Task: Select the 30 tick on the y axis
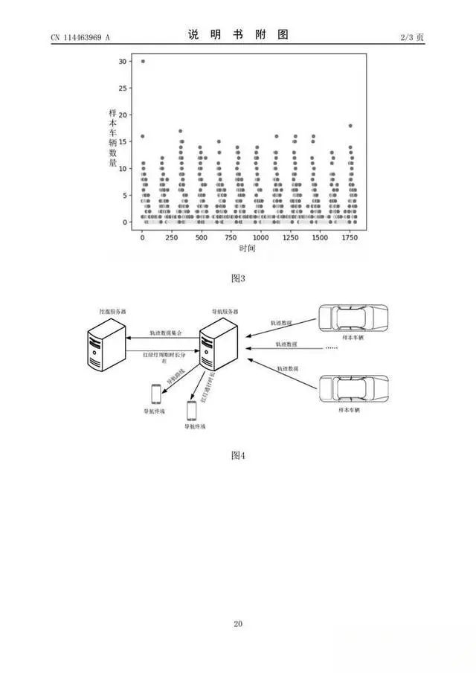(123, 61)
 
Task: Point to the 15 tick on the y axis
(123, 141)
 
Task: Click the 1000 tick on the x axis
(260, 237)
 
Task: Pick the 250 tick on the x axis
(172, 237)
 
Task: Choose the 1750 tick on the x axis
(349, 237)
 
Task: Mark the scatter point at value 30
(143, 61)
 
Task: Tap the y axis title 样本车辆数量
(112, 138)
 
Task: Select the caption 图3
(238, 278)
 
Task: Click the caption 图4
(238, 455)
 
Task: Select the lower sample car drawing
(353, 391)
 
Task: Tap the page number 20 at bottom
(238, 623)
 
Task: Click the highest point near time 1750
(350, 126)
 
